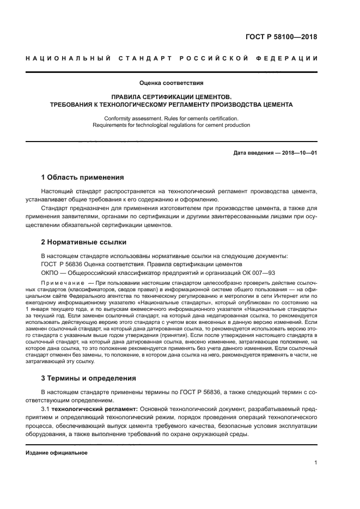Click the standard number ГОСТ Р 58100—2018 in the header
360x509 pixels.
pyautogui.click(x=280, y=38)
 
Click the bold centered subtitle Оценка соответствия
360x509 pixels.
pyautogui.click(x=171, y=83)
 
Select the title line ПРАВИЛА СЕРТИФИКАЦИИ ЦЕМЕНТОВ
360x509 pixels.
pyautogui.click(x=171, y=96)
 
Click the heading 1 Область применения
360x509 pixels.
pyautogui.click(x=83, y=177)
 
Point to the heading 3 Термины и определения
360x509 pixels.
pyautogui.click(x=89, y=378)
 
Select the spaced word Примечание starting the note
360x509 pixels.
pyautogui.click(x=63, y=284)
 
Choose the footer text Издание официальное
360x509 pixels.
pyautogui.click(x=57, y=452)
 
